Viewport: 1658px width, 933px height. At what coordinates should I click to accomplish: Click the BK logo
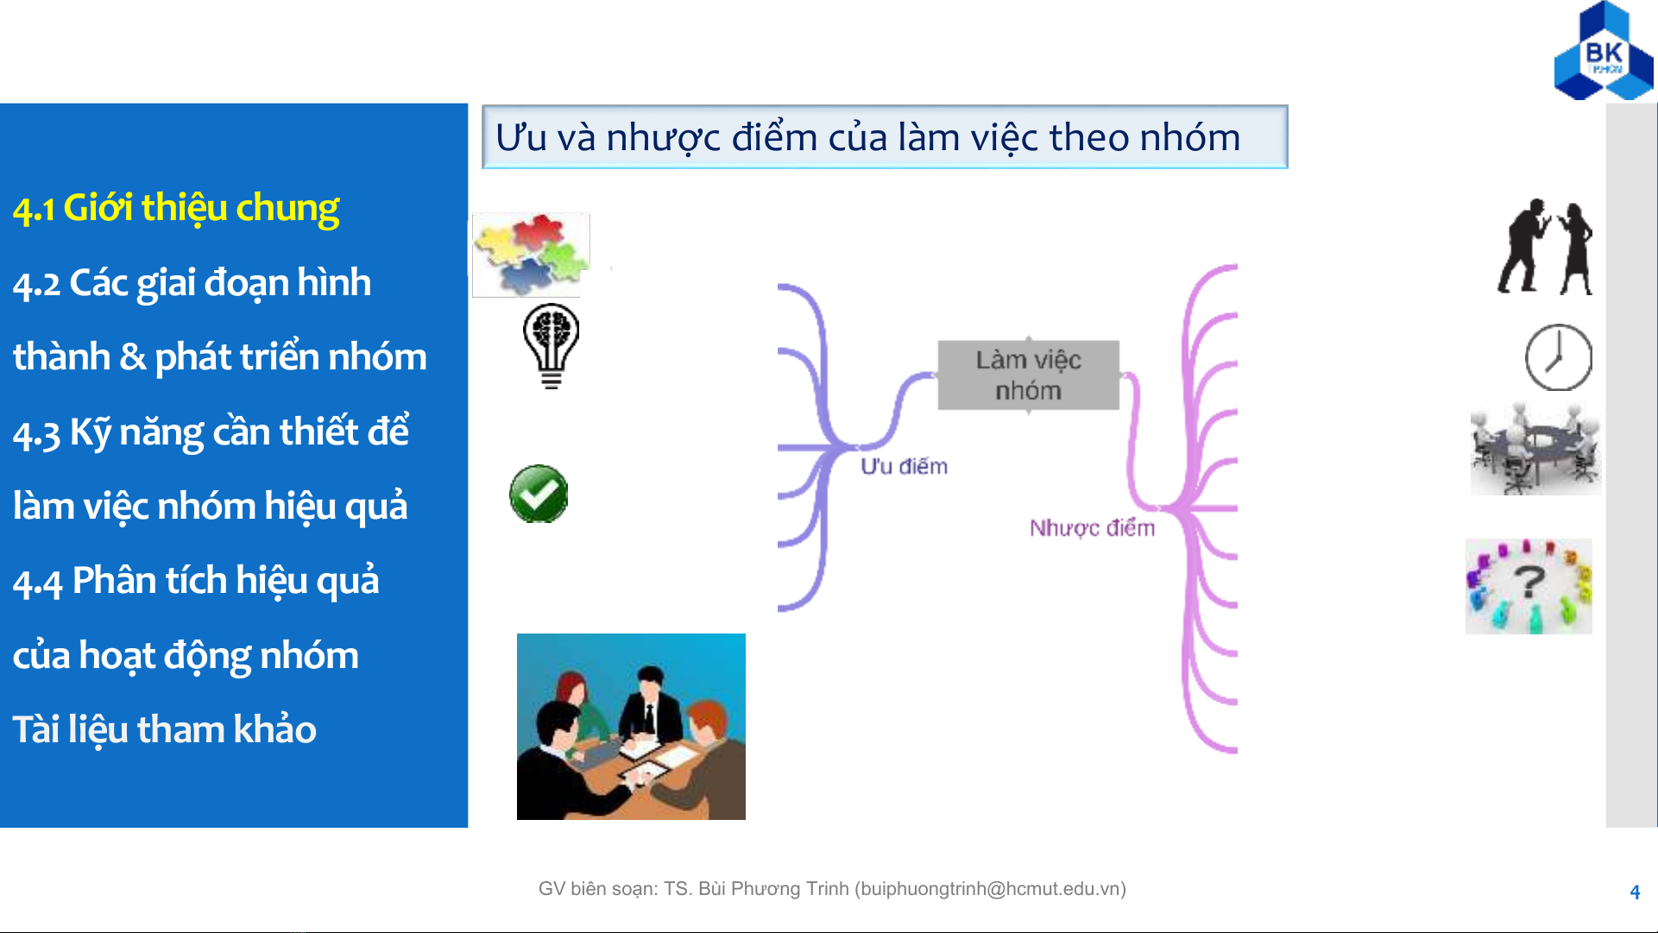pyautogui.click(x=1604, y=52)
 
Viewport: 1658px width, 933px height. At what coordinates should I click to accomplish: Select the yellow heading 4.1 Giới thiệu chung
pyautogui.click(x=176, y=209)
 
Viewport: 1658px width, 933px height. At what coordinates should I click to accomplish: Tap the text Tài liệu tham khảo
pyautogui.click(x=164, y=729)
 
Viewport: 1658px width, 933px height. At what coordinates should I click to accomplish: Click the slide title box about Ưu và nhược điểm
pyautogui.click(x=885, y=136)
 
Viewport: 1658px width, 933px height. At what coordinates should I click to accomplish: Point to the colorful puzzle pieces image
pyautogui.click(x=531, y=255)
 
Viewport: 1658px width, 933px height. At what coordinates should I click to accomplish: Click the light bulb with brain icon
pyautogui.click(x=552, y=346)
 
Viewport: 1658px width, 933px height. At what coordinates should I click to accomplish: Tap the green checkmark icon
pyautogui.click(x=539, y=494)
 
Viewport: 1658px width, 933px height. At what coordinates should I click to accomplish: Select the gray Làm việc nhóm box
pyautogui.click(x=1028, y=375)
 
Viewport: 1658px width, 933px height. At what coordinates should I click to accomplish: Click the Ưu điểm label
pyautogui.click(x=904, y=466)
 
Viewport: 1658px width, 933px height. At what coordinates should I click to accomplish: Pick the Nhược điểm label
pyautogui.click(x=1092, y=527)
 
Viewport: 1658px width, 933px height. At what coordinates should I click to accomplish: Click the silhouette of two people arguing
pyautogui.click(x=1545, y=247)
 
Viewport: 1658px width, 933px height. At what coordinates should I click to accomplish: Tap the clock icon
pyautogui.click(x=1559, y=357)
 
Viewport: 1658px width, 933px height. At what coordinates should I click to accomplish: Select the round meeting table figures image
pyautogui.click(x=1535, y=450)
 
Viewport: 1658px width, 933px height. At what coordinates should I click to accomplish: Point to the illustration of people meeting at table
pyautogui.click(x=631, y=727)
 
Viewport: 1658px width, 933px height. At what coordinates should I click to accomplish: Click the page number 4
pyautogui.click(x=1635, y=892)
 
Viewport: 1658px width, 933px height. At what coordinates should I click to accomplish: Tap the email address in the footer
pyautogui.click(x=990, y=889)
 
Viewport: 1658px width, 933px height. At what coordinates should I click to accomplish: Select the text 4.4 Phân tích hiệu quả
pyautogui.click(x=196, y=581)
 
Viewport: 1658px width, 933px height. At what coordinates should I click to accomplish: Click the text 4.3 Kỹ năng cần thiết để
pyautogui.click(x=211, y=432)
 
